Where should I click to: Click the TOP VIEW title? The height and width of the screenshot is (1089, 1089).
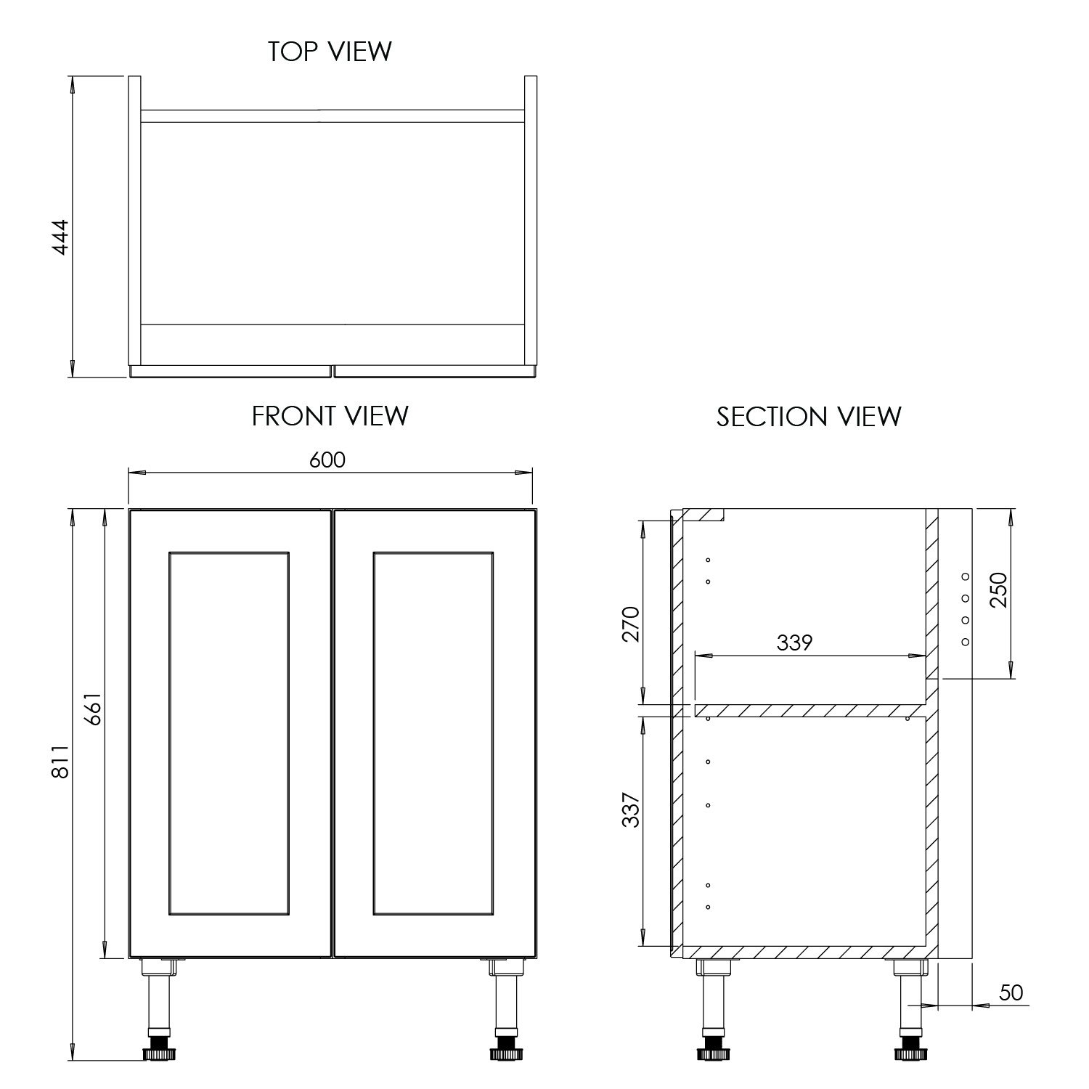pos(330,52)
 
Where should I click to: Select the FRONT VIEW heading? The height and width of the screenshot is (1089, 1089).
pos(330,416)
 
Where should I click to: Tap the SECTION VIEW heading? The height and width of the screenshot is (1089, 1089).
pos(809,417)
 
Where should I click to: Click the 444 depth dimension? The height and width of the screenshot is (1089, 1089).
pos(60,236)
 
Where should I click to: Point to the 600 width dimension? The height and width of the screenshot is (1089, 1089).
pos(327,460)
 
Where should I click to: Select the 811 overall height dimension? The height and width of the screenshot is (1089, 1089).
pos(60,761)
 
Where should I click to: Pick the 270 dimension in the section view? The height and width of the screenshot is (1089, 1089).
pos(631,623)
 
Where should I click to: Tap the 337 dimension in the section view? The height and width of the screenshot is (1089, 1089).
pos(631,809)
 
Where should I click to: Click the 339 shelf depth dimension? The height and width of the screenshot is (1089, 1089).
pos(794,643)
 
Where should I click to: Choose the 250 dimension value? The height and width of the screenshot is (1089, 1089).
pos(1000,590)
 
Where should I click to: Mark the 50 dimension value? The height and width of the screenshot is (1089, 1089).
pos(1010,992)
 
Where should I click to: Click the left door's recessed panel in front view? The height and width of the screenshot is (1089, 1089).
pos(229,733)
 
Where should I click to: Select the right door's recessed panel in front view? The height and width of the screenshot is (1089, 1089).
pos(433,733)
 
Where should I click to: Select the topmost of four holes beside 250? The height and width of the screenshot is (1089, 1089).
pos(966,576)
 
